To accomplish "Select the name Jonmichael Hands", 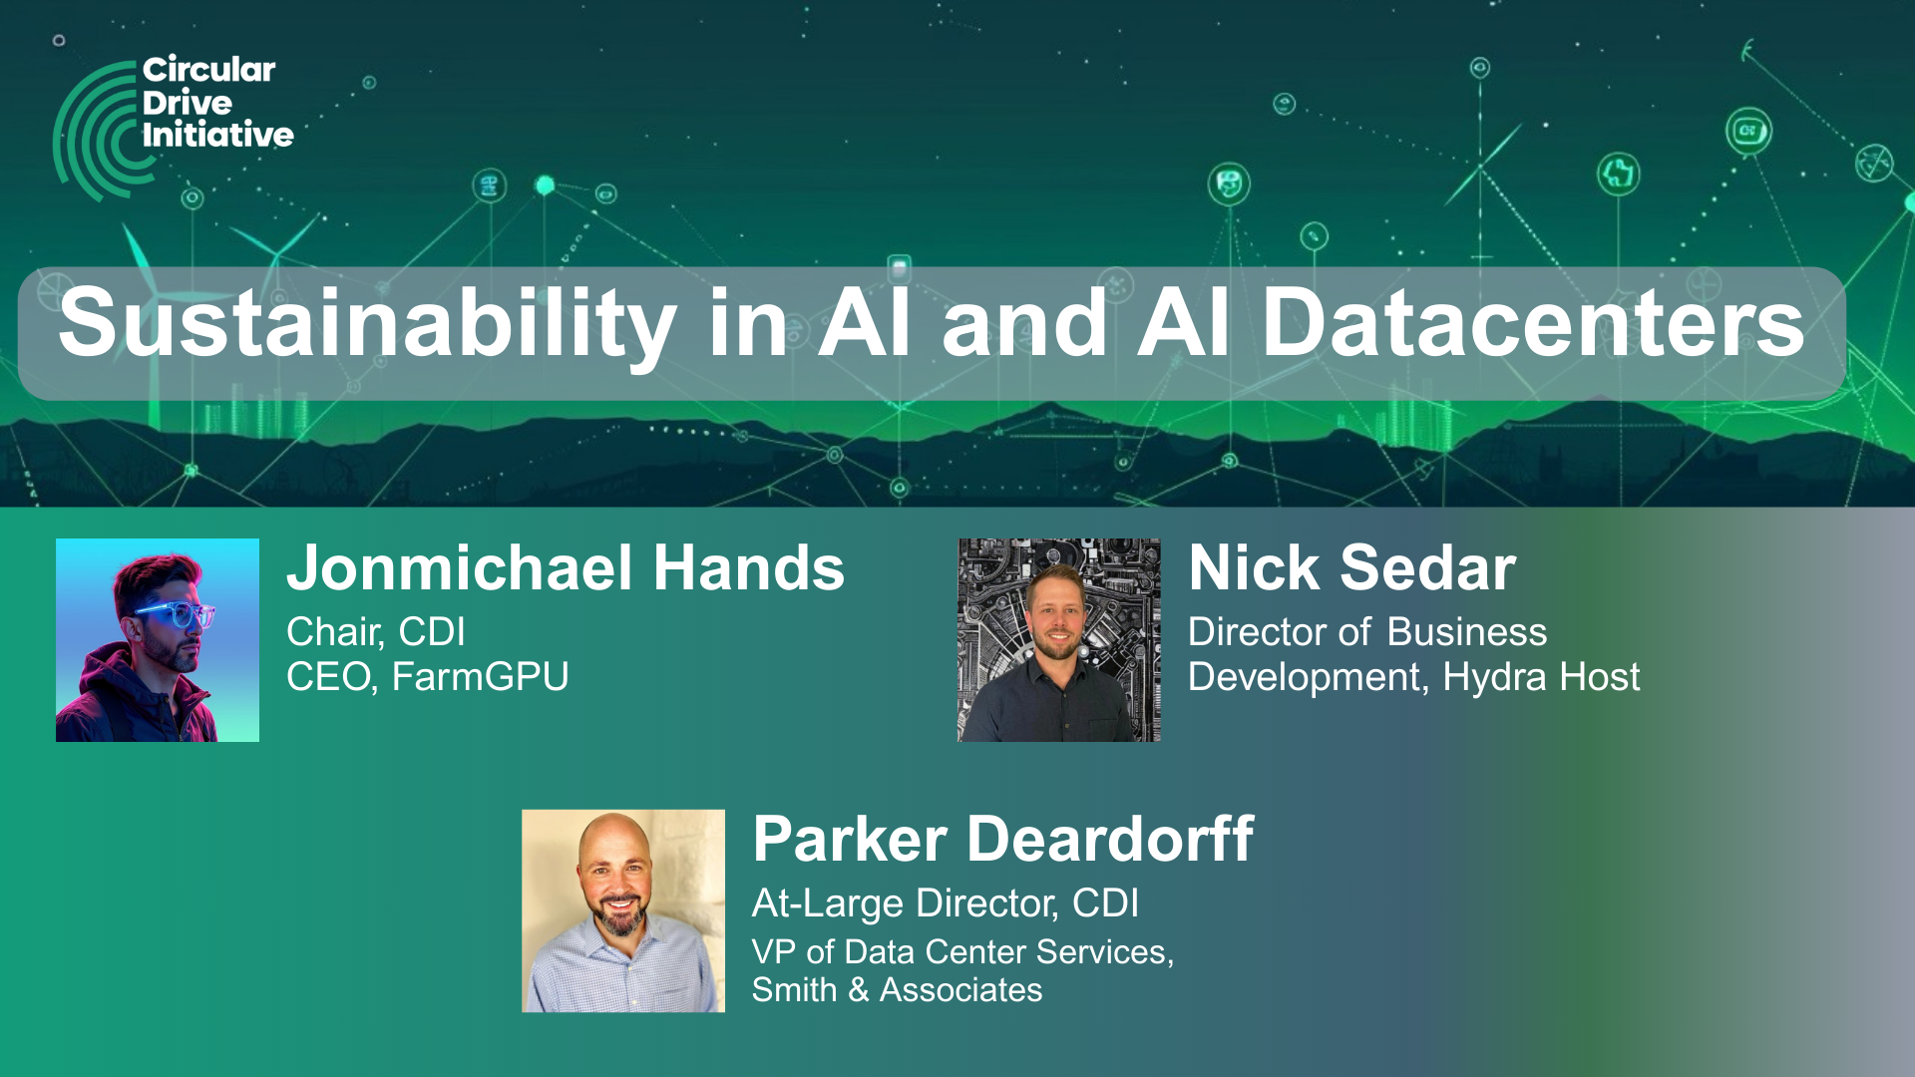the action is point(566,567).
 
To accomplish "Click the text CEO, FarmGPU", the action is point(428,677).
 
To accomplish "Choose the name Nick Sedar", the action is point(1351,567).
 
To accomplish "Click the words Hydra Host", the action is point(1541,677).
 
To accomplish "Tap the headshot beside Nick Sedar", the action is point(1059,640).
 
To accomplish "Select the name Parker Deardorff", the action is point(1003,839).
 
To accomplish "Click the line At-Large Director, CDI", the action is point(946,903).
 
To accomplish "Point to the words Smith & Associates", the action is point(897,990).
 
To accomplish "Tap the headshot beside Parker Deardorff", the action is point(623,911).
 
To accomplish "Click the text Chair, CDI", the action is point(376,632).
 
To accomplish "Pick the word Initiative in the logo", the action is point(217,135).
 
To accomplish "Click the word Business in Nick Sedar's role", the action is point(1467,632).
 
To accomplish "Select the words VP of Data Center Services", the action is point(959,952).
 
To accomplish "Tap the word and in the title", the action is point(1024,324).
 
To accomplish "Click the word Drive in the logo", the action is point(188,102).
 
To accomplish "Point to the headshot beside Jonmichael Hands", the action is point(158,640).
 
